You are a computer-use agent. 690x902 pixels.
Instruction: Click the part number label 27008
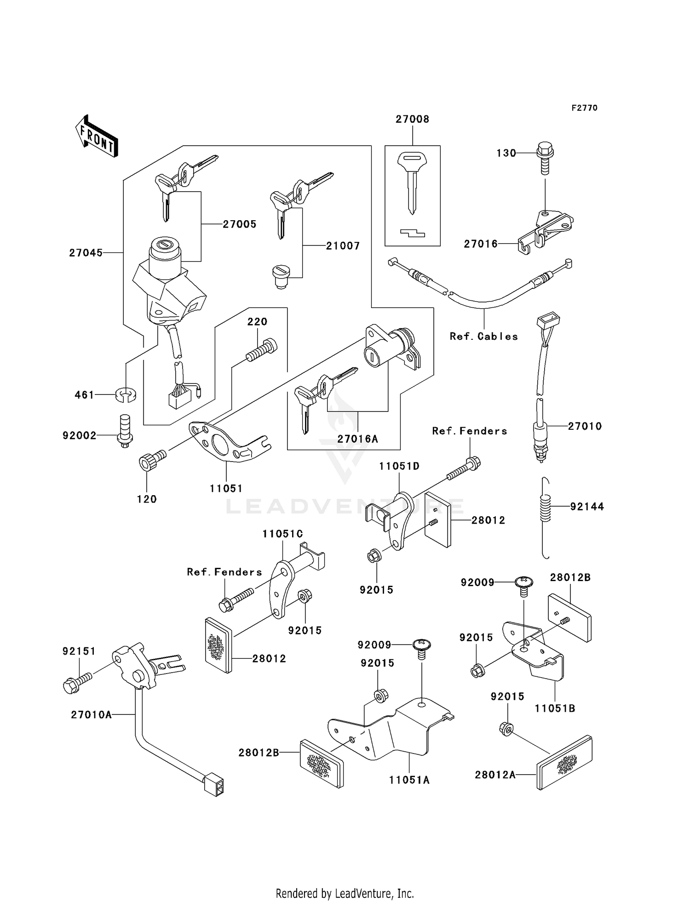(412, 119)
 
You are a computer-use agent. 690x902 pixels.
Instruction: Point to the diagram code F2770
(584, 108)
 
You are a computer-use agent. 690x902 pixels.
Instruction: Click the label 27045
(86, 253)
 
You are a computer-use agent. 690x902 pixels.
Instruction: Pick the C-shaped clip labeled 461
(126, 395)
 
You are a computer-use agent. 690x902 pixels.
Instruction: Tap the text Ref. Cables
(483, 337)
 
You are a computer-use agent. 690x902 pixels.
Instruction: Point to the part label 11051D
(399, 466)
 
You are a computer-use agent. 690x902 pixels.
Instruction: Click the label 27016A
(357, 439)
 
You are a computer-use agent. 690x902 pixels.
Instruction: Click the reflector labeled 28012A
(564, 763)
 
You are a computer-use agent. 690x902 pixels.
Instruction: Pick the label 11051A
(409, 780)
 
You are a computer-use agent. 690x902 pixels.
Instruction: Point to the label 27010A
(91, 715)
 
